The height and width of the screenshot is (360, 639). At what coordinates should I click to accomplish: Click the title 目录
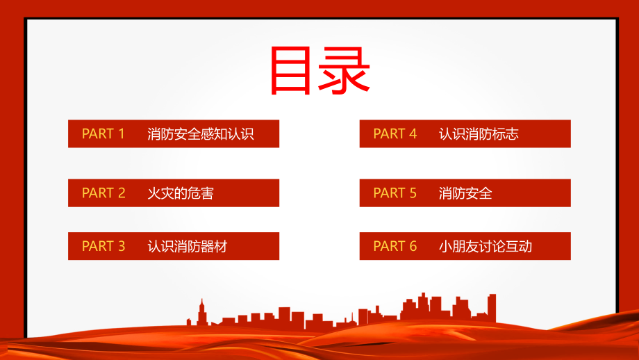point(319,70)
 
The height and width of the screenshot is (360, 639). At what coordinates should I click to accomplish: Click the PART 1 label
point(103,133)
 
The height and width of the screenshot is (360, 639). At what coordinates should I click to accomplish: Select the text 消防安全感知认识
point(201,134)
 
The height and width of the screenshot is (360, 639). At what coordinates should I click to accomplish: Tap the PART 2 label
point(103,193)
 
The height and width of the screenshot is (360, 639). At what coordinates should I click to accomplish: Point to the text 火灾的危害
point(181,193)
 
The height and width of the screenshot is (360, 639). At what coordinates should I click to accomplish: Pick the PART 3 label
point(103,246)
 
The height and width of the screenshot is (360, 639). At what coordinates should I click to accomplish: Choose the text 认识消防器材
point(188,246)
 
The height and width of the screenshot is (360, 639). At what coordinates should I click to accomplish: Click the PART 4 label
point(395,133)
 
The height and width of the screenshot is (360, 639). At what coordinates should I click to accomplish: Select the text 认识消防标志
point(479,134)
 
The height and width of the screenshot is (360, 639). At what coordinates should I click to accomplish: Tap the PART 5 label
point(395,193)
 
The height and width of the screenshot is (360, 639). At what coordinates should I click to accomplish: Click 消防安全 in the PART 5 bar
point(465,193)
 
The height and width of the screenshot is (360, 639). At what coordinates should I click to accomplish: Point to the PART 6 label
point(395,246)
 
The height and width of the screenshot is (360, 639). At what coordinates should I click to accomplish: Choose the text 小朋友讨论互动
point(486,246)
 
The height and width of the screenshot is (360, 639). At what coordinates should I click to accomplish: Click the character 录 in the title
point(344,70)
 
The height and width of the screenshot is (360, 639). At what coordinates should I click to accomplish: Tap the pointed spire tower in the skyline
point(201,312)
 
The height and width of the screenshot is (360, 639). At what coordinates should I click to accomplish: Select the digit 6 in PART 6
point(413,246)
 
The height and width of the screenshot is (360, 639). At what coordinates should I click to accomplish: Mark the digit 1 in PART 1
point(121,133)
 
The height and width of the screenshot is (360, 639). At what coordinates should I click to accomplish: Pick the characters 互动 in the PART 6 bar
point(519,246)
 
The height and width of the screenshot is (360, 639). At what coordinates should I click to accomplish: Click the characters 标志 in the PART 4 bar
point(506,134)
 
